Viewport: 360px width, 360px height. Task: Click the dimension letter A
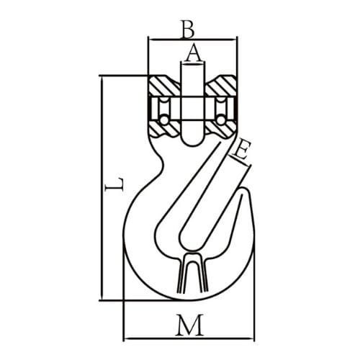[192, 53]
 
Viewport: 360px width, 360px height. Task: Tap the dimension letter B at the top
[187, 29]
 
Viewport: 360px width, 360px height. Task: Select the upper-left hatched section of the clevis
[164, 88]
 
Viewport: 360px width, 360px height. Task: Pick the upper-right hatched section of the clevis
[220, 88]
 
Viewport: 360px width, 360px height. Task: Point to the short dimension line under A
[192, 63]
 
